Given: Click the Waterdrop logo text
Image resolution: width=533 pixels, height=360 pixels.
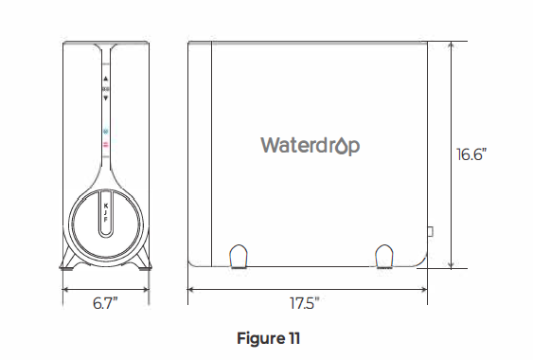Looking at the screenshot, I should click(310, 145).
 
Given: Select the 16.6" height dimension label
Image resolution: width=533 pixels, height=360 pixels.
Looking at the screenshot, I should click(471, 154).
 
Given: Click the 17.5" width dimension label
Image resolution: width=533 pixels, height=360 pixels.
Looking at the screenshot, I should click(304, 304).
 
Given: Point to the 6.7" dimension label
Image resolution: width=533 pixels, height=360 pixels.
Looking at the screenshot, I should click(105, 304).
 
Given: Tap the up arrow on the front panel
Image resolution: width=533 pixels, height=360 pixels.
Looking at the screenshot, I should click(105, 79).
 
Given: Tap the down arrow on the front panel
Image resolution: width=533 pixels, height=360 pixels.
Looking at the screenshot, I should click(105, 97).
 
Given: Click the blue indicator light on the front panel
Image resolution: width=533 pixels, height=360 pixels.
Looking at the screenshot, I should click(105, 131).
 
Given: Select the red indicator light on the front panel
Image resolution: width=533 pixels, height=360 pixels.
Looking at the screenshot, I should click(105, 144).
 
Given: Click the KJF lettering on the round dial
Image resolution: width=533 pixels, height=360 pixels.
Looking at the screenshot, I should click(105, 213).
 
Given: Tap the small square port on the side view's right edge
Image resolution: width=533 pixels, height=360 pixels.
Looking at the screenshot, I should click(430, 230).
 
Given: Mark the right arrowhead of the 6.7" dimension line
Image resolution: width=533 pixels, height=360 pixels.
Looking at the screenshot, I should click(145, 290).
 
